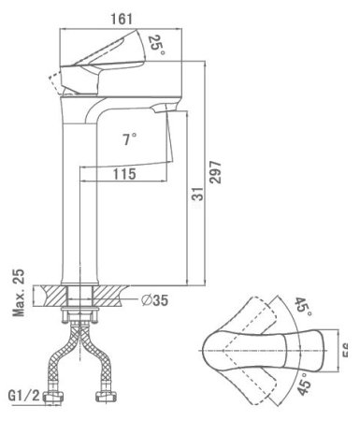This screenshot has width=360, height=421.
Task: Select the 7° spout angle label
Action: [130, 138]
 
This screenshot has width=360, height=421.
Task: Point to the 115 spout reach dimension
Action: [122, 174]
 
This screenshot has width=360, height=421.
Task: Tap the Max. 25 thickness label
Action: [19, 293]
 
